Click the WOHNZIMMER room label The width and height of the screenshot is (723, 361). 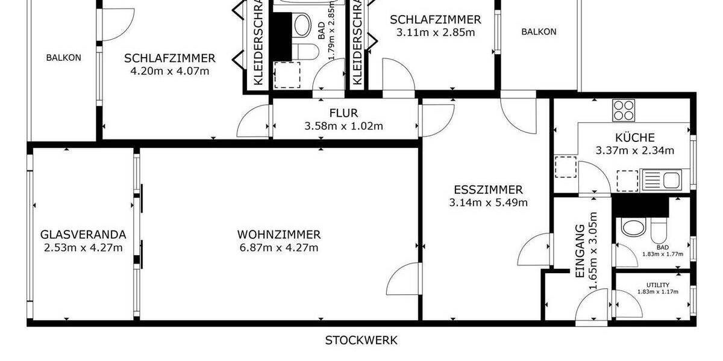point(278,235)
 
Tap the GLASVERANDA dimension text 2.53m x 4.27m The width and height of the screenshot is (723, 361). point(83,248)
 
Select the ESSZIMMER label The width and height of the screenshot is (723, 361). point(488,190)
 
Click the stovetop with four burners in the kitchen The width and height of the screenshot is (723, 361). point(624,111)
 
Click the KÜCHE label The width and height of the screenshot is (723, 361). point(634,138)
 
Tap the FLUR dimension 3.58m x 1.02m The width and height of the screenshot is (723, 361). point(343,126)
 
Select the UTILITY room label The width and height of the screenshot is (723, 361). point(658,285)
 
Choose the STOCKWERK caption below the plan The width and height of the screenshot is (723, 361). point(361,341)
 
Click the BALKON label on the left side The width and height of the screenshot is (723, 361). point(63,58)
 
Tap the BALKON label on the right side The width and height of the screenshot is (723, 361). point(539,32)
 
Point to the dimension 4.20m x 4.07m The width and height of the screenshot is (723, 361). point(170,71)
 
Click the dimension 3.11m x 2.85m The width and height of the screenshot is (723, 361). point(435,32)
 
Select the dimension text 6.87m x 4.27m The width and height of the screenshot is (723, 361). point(278,248)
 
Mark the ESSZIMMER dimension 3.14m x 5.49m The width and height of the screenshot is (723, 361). point(488,203)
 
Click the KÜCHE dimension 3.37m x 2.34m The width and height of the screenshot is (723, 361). point(634,150)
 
